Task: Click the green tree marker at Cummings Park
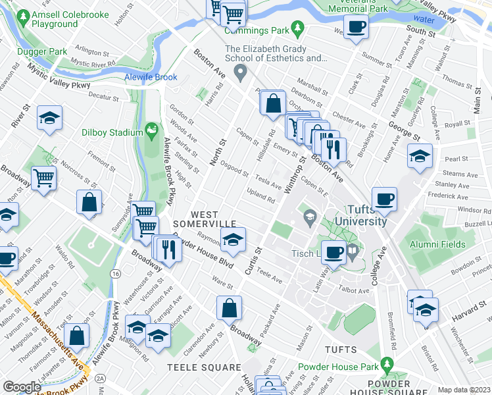click(x=298, y=28)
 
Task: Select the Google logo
click(x=22, y=387)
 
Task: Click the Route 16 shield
click(x=116, y=273)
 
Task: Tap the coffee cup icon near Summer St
click(x=356, y=27)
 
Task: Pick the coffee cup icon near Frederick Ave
click(x=384, y=197)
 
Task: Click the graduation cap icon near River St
click(x=49, y=118)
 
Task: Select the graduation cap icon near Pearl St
click(x=420, y=156)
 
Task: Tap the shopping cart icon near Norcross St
click(x=44, y=176)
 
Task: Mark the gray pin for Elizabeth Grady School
click(x=241, y=71)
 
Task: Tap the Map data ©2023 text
click(x=463, y=390)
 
